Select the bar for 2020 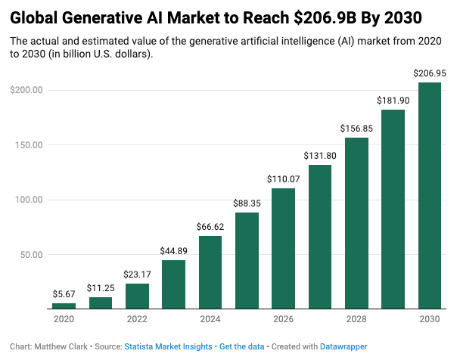point(64,306)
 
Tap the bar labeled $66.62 point(210,272)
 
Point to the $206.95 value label point(429,73)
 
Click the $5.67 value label point(64,294)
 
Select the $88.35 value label point(247,203)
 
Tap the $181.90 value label point(393,101)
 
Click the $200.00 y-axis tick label point(26,90)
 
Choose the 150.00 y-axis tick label point(26,145)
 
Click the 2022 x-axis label point(137,319)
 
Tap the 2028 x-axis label point(356,319)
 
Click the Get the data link point(242,346)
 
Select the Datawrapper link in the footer point(341,346)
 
